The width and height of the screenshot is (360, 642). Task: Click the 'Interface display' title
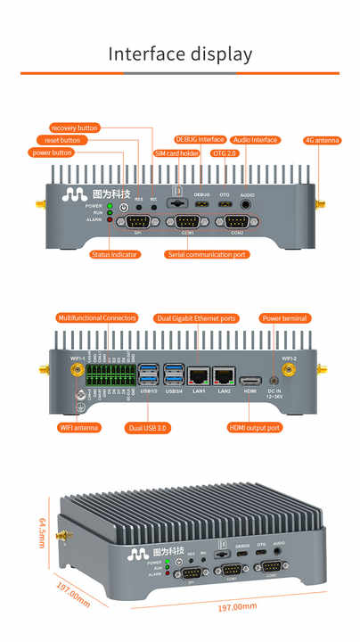[180, 53]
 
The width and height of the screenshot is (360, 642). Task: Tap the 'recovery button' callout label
[75, 128]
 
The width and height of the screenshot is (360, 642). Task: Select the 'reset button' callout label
[61, 140]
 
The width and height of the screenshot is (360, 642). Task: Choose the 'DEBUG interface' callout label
[200, 140]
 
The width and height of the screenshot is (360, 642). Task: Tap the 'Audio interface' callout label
[256, 140]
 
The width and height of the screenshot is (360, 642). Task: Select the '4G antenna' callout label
[322, 140]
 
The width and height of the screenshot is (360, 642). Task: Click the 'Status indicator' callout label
[114, 254]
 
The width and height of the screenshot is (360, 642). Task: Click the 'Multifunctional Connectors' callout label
[97, 317]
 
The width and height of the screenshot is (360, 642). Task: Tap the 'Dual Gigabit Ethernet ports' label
[196, 317]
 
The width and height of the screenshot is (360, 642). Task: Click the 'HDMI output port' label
[255, 428]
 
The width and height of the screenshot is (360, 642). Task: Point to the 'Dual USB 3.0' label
[149, 428]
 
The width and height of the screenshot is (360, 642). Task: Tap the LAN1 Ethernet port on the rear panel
[199, 376]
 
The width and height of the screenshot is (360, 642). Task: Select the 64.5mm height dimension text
[41, 531]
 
